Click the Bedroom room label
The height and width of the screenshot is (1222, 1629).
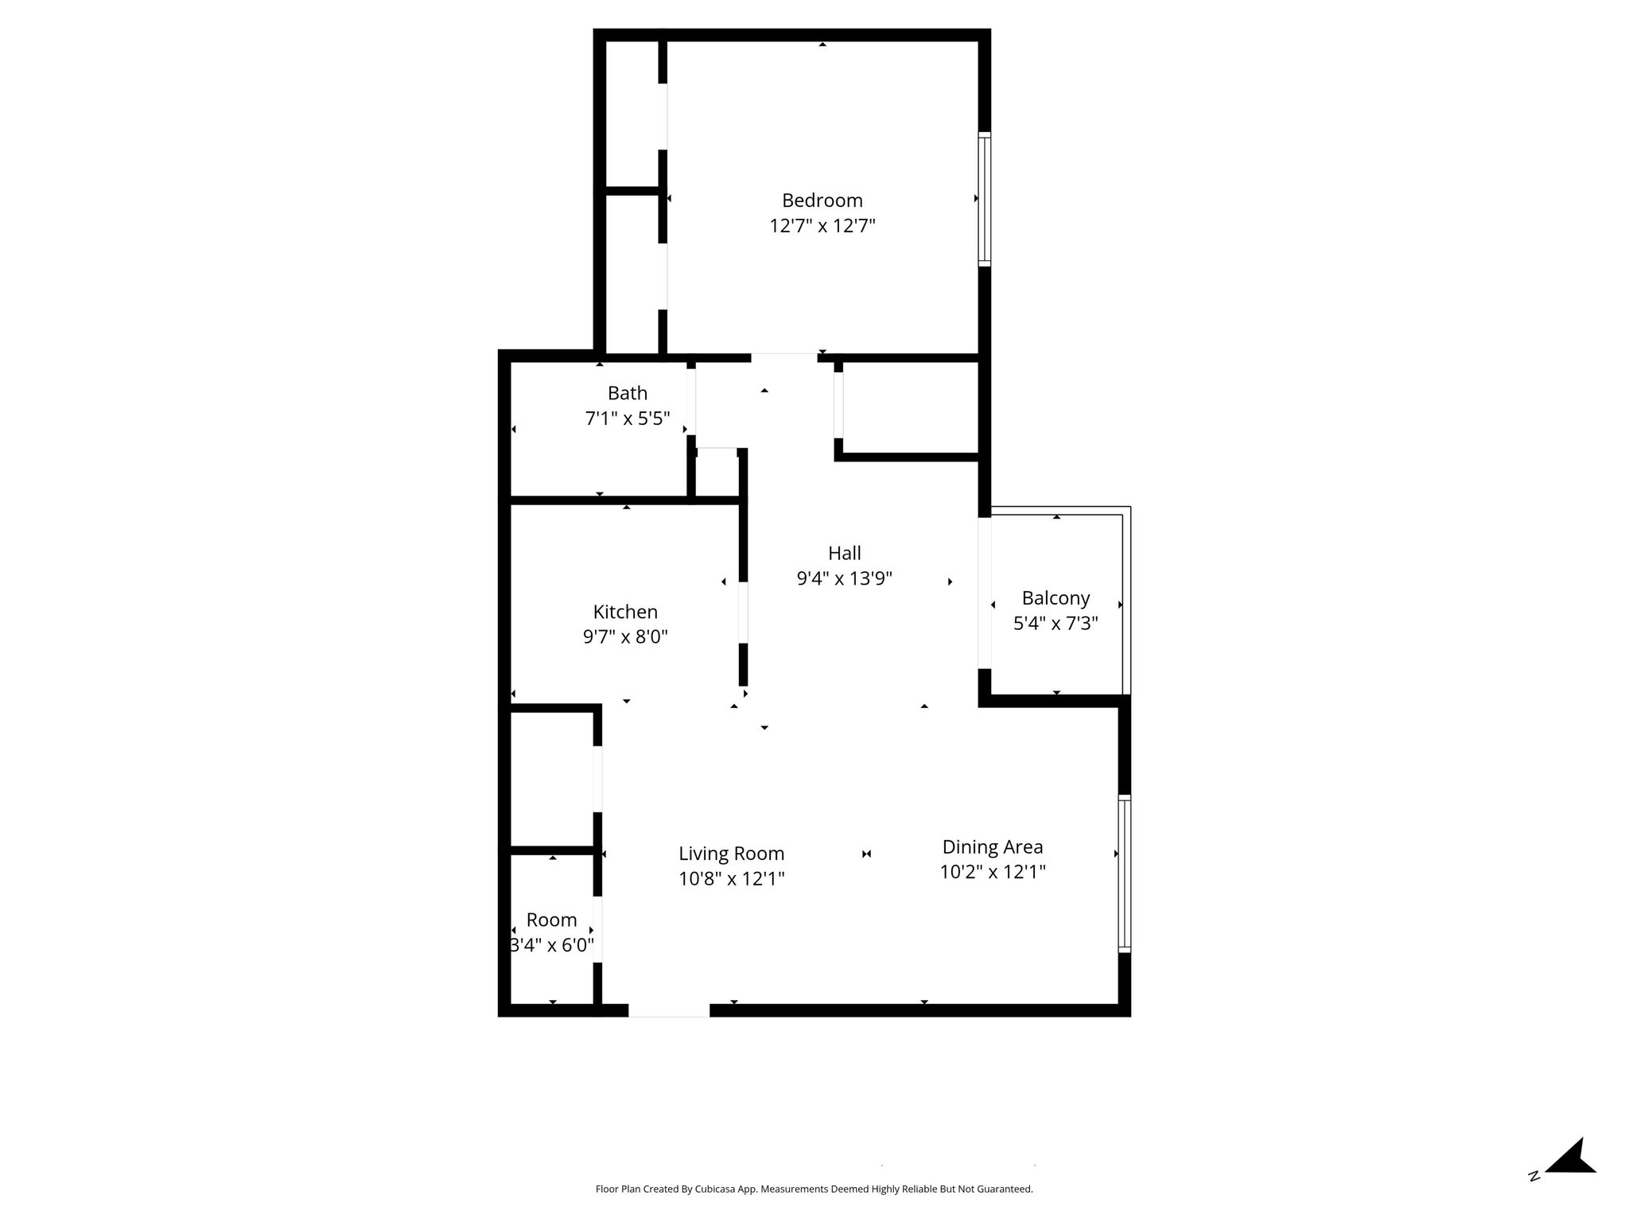click(822, 200)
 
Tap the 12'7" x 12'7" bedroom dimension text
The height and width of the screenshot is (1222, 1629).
click(822, 226)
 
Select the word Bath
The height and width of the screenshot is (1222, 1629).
click(628, 393)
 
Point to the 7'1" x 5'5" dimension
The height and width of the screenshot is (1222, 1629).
click(628, 418)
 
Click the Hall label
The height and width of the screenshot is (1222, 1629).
click(844, 553)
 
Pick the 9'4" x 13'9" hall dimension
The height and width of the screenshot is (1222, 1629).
click(844, 578)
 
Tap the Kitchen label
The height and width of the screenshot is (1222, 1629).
click(625, 612)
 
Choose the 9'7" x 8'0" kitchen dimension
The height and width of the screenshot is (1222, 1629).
click(625, 636)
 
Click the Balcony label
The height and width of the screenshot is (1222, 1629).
click(1056, 598)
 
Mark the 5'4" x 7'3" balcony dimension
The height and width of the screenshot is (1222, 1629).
click(1056, 623)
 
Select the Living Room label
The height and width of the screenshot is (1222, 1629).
click(731, 854)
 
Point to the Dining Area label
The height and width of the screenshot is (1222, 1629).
click(992, 847)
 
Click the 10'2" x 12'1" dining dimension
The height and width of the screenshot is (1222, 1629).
click(992, 872)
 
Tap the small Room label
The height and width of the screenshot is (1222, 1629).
click(551, 920)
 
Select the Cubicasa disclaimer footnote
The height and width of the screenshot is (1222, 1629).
click(814, 1189)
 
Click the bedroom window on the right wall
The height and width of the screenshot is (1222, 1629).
click(985, 199)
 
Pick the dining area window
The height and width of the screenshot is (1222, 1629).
click(1124, 874)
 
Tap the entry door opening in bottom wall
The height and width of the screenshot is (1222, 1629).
click(669, 1010)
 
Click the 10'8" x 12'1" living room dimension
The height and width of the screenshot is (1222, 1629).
click(731, 879)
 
